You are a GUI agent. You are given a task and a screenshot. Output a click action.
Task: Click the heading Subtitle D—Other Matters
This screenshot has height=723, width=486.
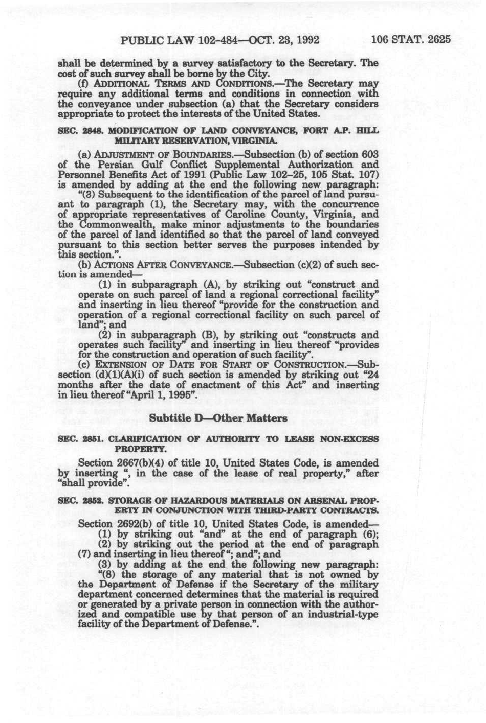coord(218,418)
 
